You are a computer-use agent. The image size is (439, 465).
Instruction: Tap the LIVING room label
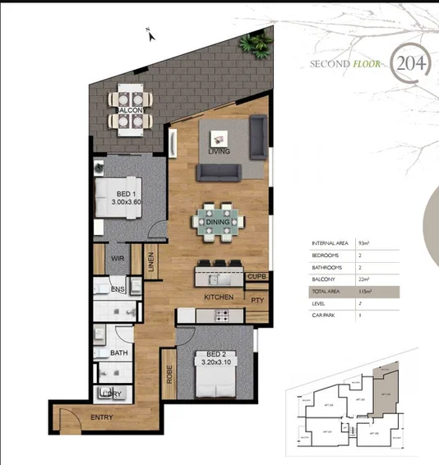coord(219,152)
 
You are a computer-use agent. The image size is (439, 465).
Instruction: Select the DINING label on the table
coord(219,220)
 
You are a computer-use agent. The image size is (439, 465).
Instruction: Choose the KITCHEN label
coord(219,297)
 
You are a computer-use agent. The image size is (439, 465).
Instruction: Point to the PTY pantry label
coord(257,300)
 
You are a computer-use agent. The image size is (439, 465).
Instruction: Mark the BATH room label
coord(118,353)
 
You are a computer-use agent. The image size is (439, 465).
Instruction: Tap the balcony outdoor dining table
coord(132,109)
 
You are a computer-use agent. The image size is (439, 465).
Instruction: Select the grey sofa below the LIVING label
coord(219,173)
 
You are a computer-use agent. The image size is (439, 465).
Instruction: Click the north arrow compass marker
coord(148,34)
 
